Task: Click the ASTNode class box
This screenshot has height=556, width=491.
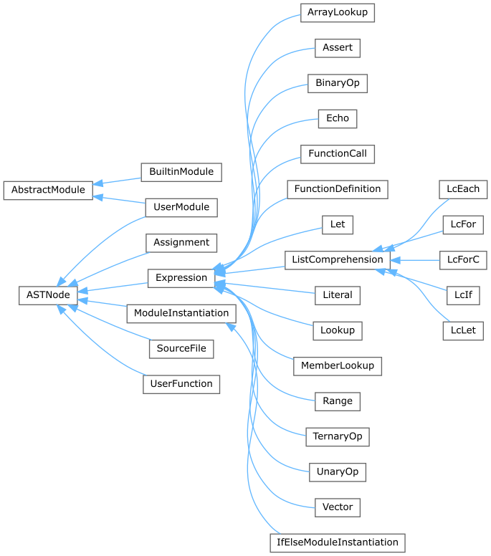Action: tap(47, 294)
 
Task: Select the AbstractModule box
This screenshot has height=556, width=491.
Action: tap(48, 190)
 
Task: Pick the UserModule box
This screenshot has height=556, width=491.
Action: tap(181, 207)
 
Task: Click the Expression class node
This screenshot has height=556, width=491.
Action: tap(181, 277)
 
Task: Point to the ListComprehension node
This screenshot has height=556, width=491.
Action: tap(338, 259)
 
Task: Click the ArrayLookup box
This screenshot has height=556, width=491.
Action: tap(338, 13)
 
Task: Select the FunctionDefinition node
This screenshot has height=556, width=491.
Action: tap(338, 189)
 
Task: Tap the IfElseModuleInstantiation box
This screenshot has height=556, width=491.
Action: tap(338, 542)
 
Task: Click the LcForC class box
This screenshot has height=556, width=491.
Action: tap(462, 259)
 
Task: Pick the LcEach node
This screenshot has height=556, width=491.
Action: tap(463, 189)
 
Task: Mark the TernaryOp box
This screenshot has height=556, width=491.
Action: tap(338, 436)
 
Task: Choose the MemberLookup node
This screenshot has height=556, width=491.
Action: tap(338, 365)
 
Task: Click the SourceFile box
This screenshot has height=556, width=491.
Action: tap(181, 349)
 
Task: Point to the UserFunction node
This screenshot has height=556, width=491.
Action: tap(181, 383)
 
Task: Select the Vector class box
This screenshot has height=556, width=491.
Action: tap(338, 507)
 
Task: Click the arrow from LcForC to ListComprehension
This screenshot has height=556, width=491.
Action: tap(416, 259)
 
